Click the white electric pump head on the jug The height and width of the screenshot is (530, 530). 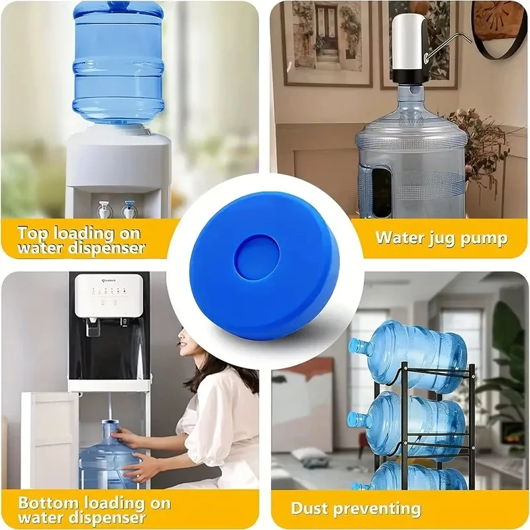point(409,42)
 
